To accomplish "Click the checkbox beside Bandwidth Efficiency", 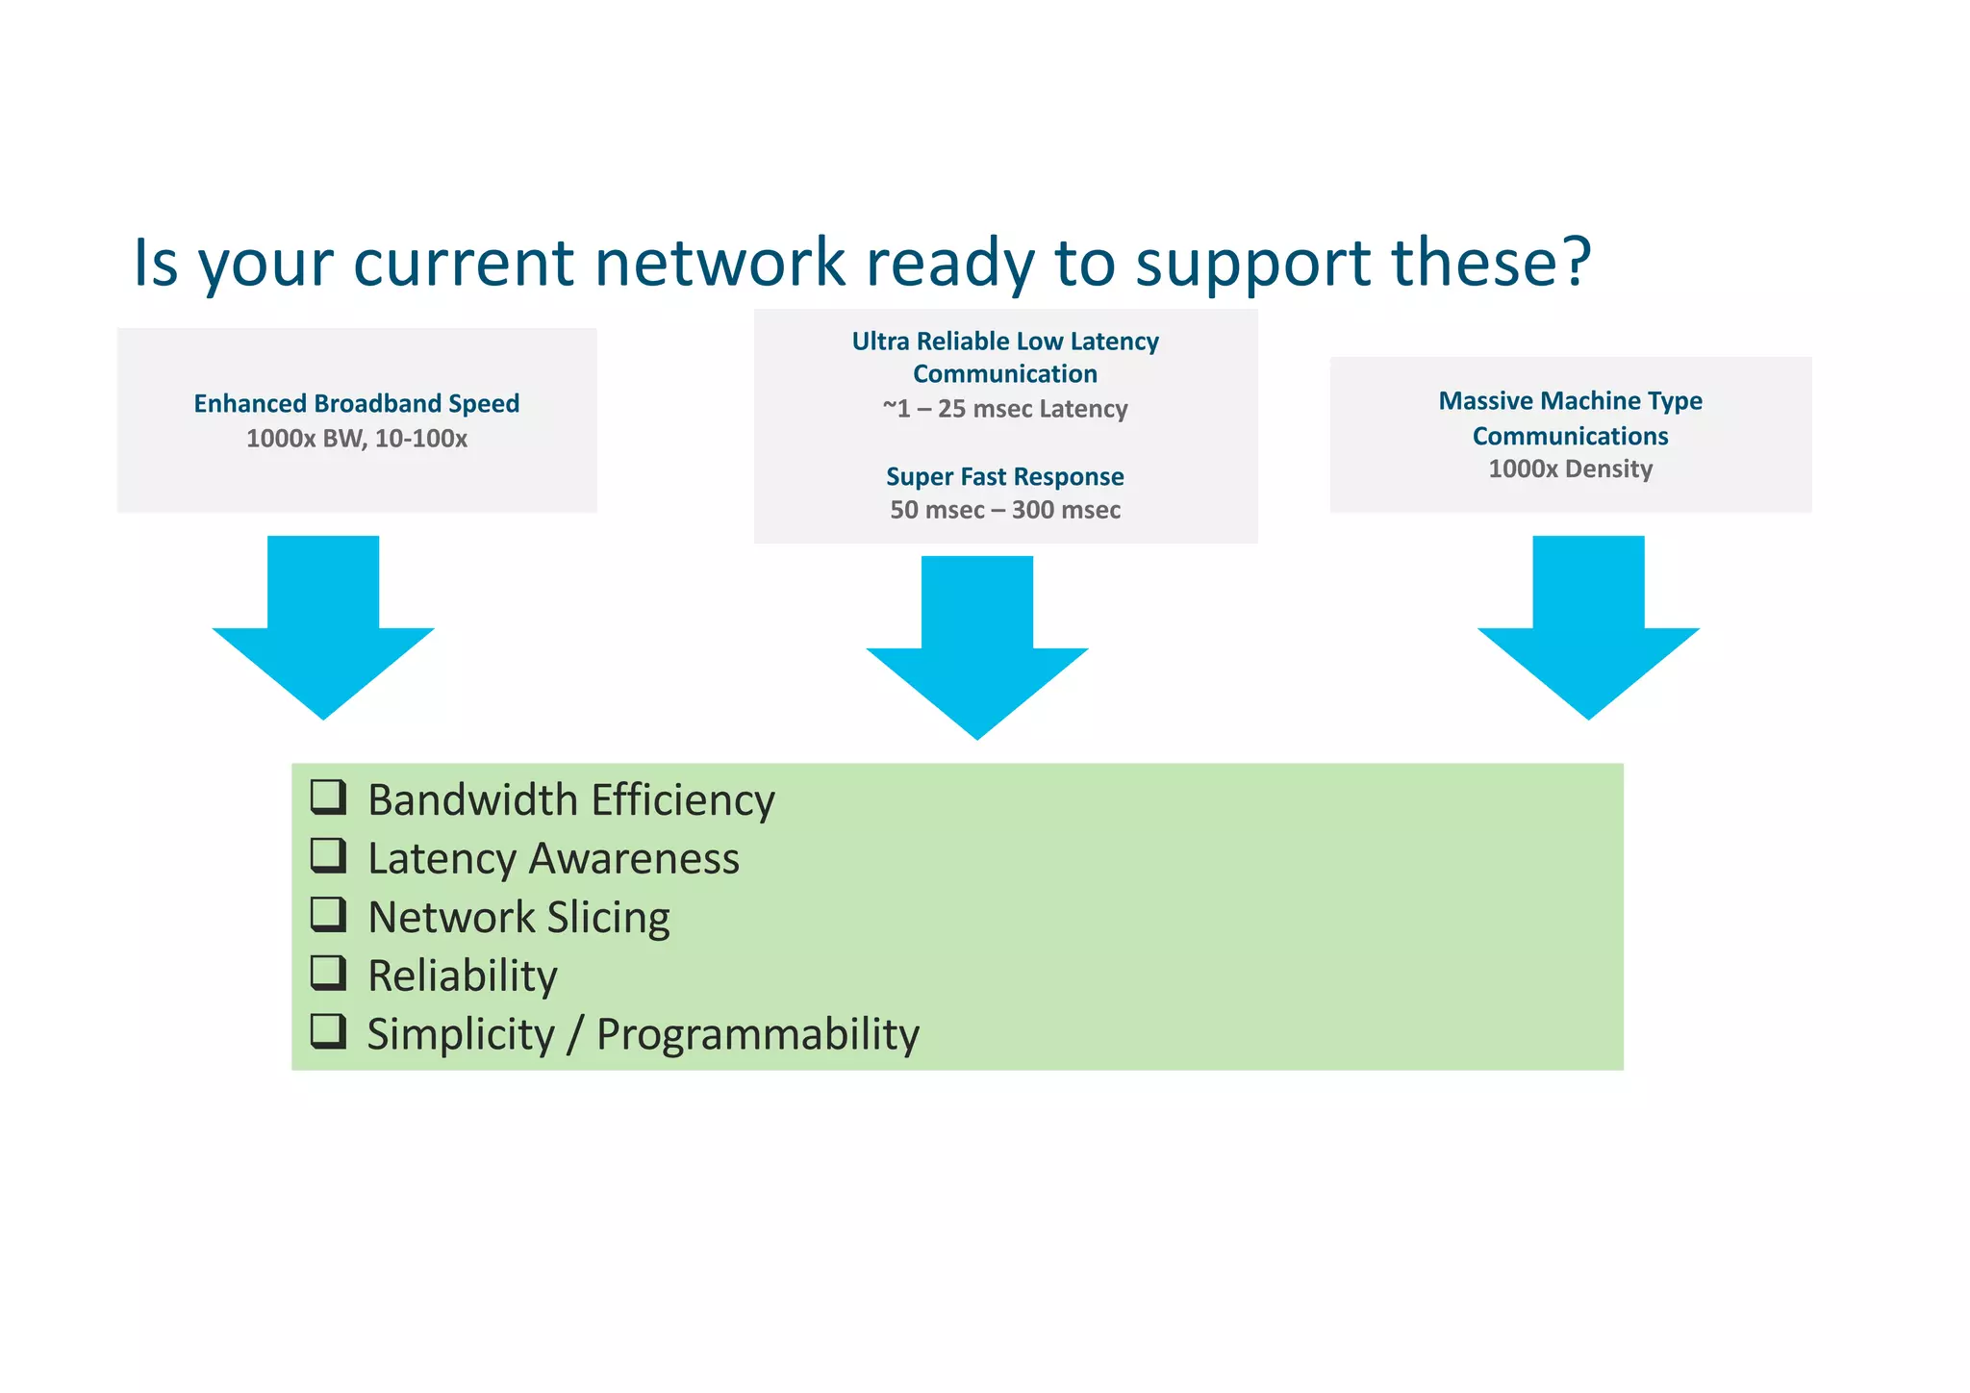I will [328, 797].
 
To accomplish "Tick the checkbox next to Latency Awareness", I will [328, 855].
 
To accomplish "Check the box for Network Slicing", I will [328, 914].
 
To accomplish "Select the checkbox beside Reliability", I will [328, 973].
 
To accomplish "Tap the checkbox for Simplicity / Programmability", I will [328, 1031].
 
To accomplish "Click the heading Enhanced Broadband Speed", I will [356, 403].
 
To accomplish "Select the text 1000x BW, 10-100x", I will [356, 439].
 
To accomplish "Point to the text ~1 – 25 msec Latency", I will [1005, 409].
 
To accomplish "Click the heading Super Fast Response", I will [1005, 476].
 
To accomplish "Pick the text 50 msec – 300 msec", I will [1005, 510].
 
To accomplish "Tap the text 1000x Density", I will [1570, 469].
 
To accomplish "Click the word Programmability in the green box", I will [758, 1035].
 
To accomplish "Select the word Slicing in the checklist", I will [608, 918].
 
